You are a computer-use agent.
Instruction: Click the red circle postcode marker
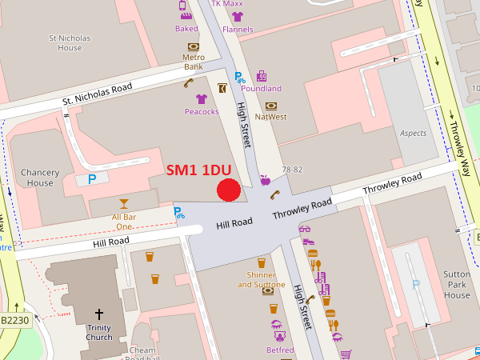[x=229, y=190]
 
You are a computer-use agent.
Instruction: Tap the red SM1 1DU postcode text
[x=199, y=170]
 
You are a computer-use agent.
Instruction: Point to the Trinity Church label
[x=99, y=332]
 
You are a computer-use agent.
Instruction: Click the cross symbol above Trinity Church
[x=99, y=314]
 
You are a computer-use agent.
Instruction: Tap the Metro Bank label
[x=194, y=62]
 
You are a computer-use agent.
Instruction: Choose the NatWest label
[x=270, y=117]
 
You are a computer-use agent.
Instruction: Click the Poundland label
[x=261, y=89]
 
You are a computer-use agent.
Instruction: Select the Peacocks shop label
[x=202, y=112]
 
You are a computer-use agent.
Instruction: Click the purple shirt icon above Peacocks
[x=201, y=99]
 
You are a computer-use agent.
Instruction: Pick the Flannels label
[x=238, y=30]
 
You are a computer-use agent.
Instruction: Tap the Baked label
[x=186, y=29]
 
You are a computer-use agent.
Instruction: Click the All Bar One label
[x=122, y=222]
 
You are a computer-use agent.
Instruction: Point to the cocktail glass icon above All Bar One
[x=123, y=203]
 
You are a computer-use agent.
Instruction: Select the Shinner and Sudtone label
[x=261, y=280]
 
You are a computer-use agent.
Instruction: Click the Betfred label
[x=280, y=350]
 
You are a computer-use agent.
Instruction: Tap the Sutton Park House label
[x=457, y=284]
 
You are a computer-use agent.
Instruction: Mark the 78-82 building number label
[x=293, y=170]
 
